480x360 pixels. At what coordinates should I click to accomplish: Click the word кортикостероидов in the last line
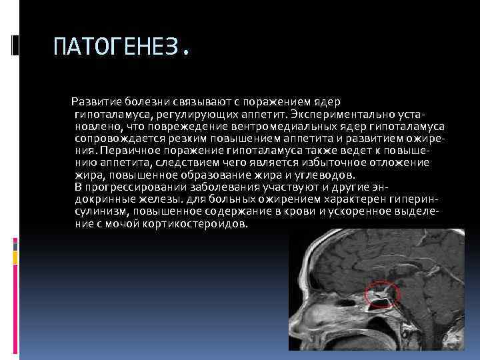202,223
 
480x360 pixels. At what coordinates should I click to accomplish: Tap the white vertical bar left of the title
16,45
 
